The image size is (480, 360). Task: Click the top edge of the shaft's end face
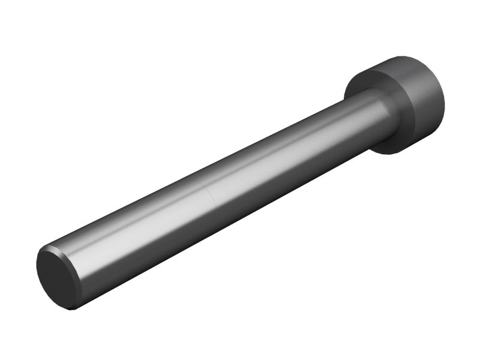(48, 248)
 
